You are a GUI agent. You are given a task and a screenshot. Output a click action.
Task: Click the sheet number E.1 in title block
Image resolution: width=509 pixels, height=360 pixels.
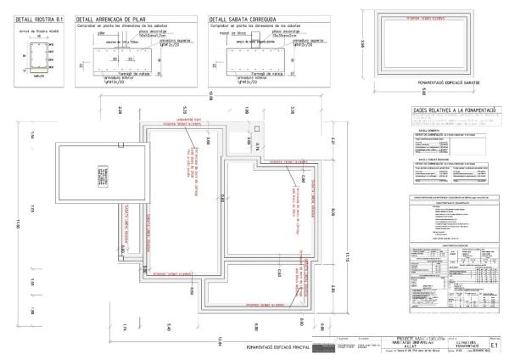(495, 347)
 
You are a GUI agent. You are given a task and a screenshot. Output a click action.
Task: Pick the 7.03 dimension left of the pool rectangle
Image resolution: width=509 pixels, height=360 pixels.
(31, 208)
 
